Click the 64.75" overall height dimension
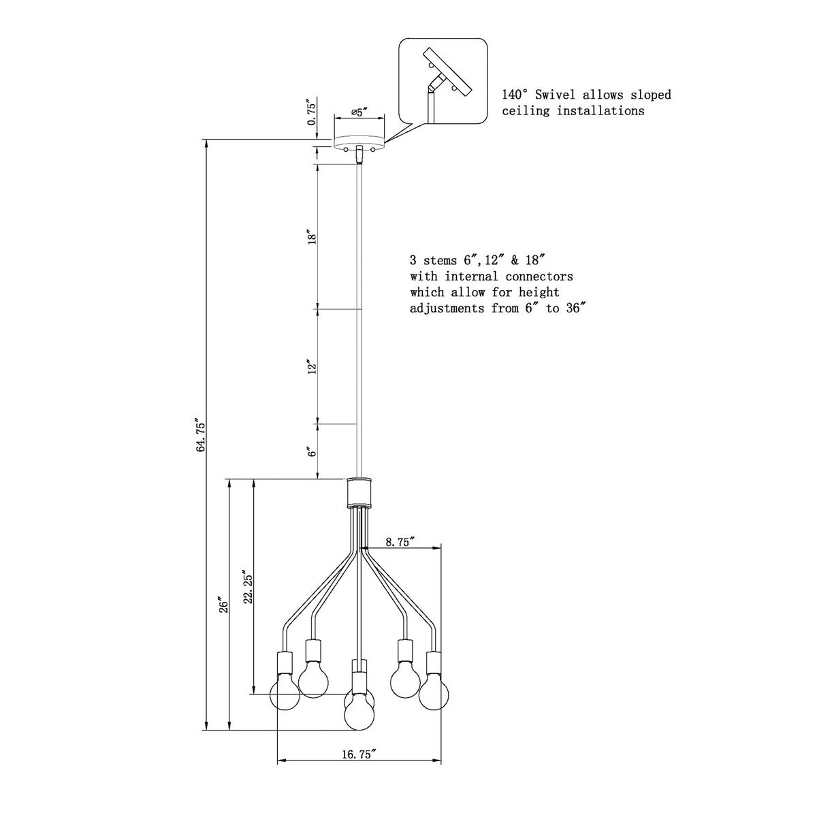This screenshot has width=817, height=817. point(200,436)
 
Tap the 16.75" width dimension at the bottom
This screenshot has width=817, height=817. point(359,754)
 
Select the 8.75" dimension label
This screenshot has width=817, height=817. point(400,542)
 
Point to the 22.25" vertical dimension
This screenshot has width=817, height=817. point(248,587)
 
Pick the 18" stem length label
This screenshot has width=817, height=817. point(313,237)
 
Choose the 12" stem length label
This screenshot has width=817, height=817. point(313,367)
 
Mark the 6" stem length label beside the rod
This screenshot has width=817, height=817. point(313,453)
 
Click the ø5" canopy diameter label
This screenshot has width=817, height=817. point(359,111)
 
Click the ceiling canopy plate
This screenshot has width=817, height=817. point(359,142)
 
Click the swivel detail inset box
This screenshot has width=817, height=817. point(443,82)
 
